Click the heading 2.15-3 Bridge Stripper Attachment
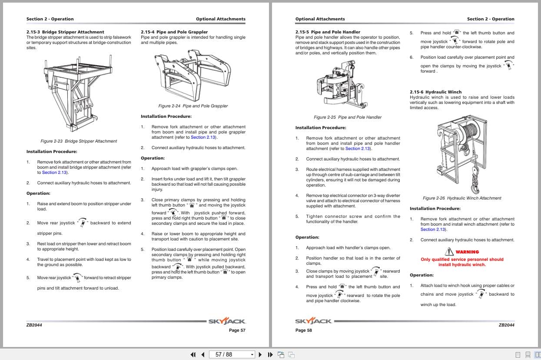pos(65,32)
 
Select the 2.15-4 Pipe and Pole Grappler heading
pos(174,32)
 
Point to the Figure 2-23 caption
pos(79,141)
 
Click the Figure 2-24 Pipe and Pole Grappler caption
pos(193,106)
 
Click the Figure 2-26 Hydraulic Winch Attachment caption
pos(462,198)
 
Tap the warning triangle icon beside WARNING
pos(449,251)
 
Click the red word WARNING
pos(467,252)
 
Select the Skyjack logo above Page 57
pos(227,321)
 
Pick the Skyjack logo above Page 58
pos(313,321)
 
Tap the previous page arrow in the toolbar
pos(202,354)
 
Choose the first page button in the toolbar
pos(193,354)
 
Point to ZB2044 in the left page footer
pos(34,325)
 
